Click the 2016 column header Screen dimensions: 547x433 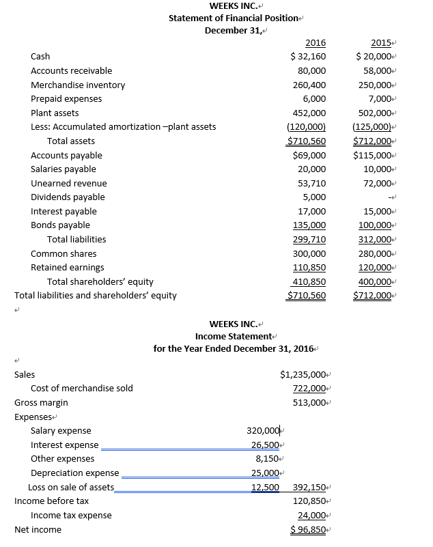pyautogui.click(x=315, y=43)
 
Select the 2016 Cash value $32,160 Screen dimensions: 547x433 pyautogui.click(x=308, y=57)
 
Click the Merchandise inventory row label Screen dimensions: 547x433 pyautogui.click(x=78, y=85)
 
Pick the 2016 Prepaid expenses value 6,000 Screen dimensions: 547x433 pyautogui.click(x=314, y=99)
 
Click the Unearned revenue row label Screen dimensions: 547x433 pyautogui.click(x=69, y=184)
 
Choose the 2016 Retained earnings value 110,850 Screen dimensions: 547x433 pyautogui.click(x=309, y=268)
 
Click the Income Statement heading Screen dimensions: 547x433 pyautogui.click(x=234, y=336)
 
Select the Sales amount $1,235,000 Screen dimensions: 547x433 pyautogui.click(x=304, y=374)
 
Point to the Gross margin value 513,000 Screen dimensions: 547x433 pyautogui.click(x=309, y=403)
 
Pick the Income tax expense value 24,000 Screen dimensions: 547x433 pyautogui.click(x=311, y=516)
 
